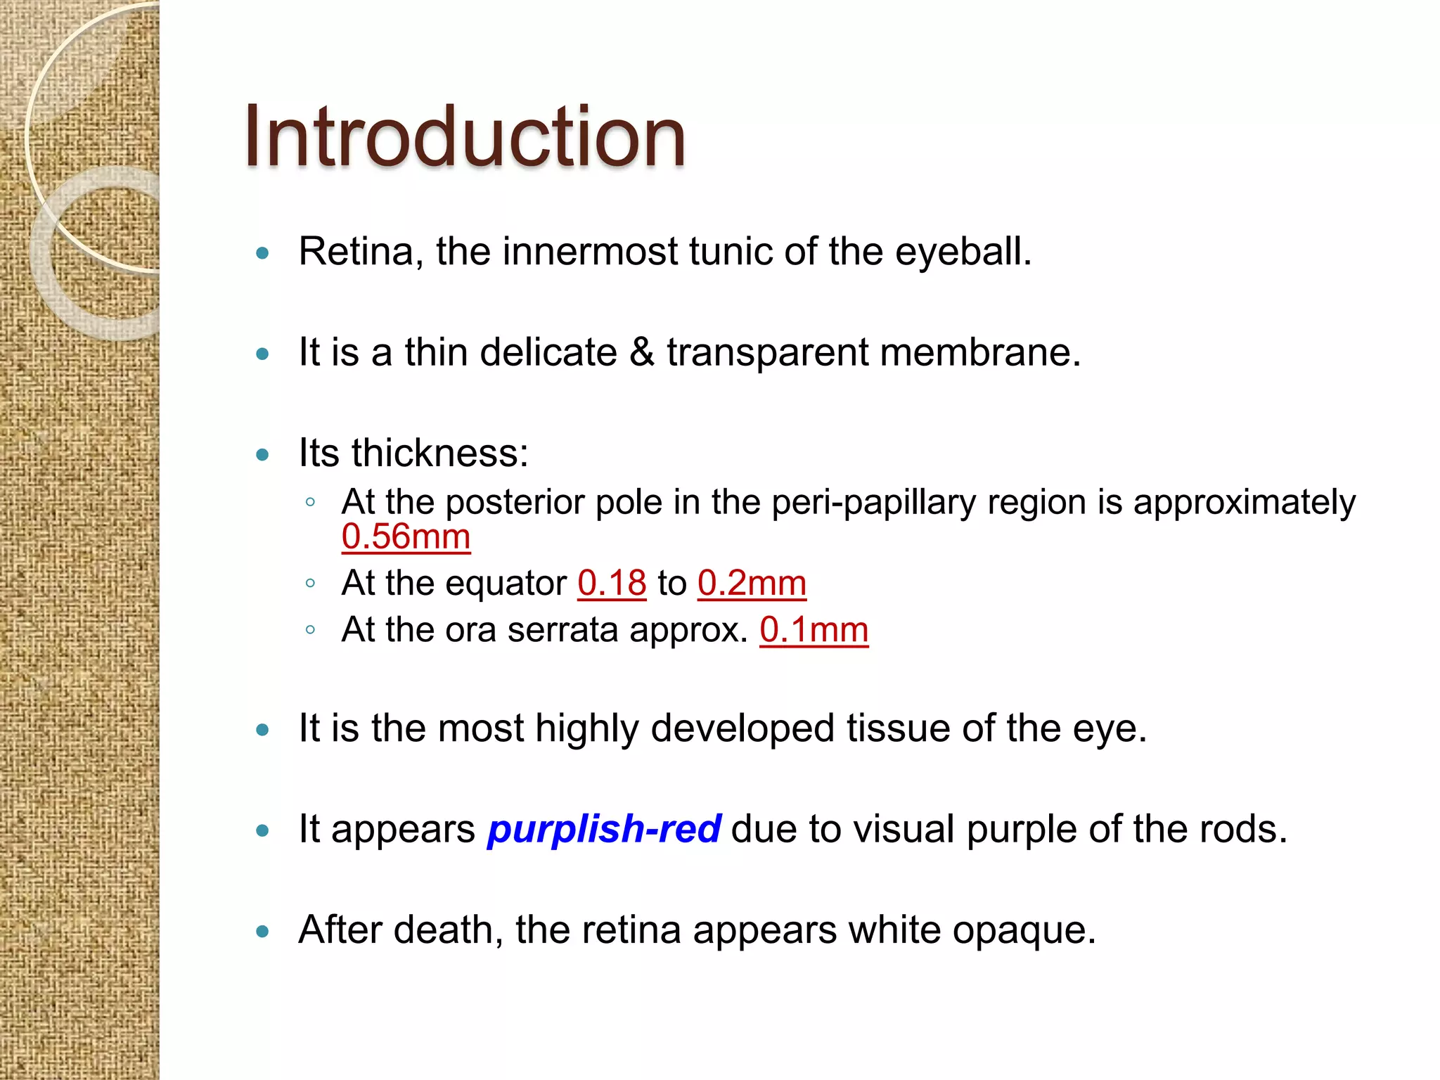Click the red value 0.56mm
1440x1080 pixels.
406,537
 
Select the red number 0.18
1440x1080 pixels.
612,583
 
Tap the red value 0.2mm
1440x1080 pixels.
752,583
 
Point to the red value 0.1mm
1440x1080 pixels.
814,629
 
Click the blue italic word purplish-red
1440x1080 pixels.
604,828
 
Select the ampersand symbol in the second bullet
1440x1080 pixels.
641,352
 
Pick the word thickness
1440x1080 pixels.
439,452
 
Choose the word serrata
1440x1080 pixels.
562,629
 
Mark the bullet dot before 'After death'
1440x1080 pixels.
263,932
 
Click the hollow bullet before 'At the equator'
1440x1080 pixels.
310,583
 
